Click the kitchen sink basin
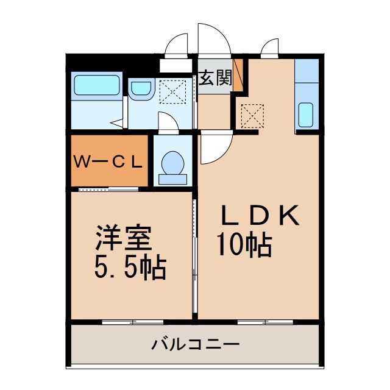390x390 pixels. [x=306, y=114]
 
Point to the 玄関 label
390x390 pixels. [x=214, y=78]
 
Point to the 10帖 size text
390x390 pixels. [x=244, y=245]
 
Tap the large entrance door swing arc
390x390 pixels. [x=213, y=43]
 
